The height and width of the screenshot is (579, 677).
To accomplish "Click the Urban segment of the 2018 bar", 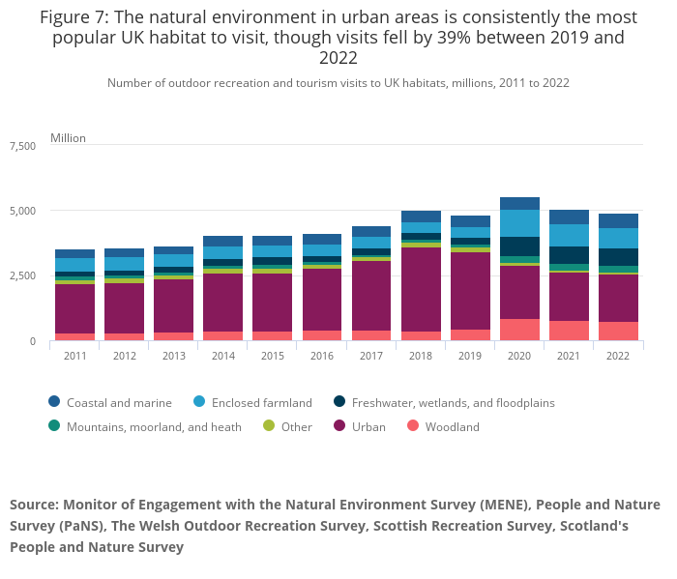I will [x=421, y=289].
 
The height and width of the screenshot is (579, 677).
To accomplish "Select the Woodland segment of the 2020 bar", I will [x=519, y=330].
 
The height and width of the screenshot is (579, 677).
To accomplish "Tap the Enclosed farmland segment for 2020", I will [x=519, y=223].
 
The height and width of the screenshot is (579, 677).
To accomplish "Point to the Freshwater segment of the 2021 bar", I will [x=569, y=255].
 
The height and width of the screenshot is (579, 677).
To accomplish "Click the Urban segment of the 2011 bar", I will [x=74, y=308].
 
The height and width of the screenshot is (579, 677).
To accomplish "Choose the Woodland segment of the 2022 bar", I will [x=618, y=331].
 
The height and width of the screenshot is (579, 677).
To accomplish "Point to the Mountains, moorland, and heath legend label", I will [x=155, y=427].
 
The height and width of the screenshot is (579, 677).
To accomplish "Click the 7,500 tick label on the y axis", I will [x=22, y=146].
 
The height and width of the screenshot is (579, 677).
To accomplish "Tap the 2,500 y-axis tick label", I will [x=22, y=276].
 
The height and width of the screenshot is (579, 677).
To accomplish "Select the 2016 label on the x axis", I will [x=321, y=356].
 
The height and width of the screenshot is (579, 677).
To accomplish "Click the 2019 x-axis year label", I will [x=470, y=356].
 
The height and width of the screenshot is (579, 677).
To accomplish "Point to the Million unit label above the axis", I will [x=68, y=138].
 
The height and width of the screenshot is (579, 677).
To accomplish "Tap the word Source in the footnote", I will [x=34, y=505].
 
